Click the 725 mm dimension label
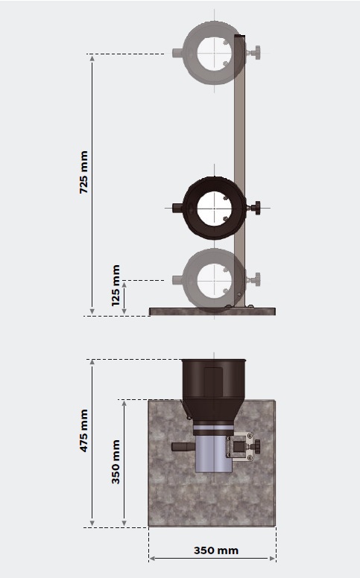[84, 172]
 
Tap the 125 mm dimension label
[116, 285]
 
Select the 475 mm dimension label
[84, 431]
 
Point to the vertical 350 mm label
[116, 462]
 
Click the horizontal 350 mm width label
[216, 550]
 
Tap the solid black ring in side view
[189, 209]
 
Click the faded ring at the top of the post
[189, 53]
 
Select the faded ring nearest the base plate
[189, 280]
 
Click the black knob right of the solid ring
[254, 208]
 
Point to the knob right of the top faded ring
[254, 52]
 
